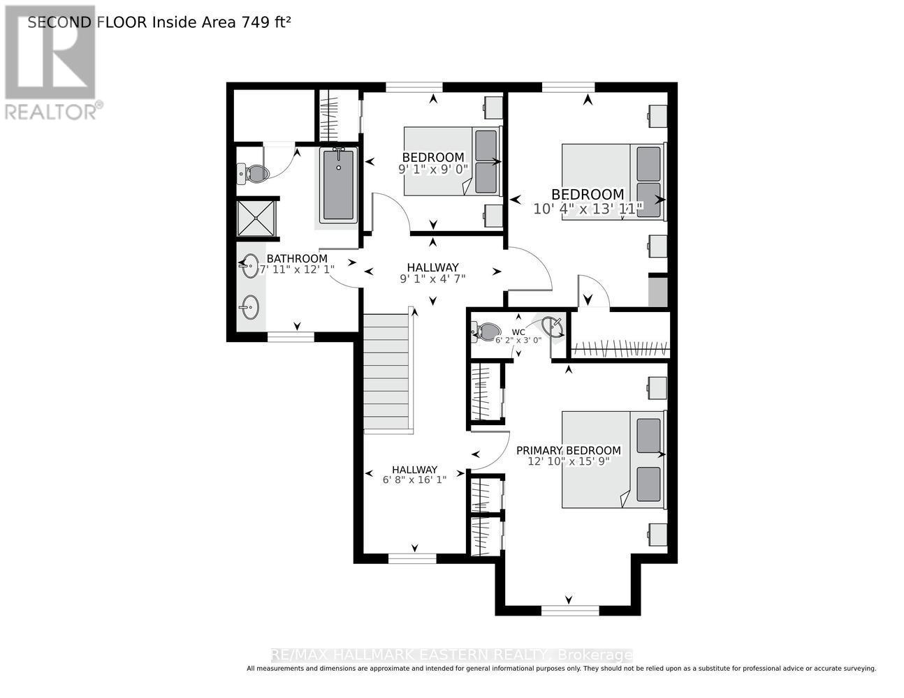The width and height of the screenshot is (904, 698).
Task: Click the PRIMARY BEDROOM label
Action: (568, 450)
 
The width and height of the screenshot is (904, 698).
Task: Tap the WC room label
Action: (518, 332)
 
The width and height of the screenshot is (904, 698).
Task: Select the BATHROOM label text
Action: (297, 258)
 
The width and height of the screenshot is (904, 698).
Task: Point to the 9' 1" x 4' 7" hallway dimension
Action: (432, 279)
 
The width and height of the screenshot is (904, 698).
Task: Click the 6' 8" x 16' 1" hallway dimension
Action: (414, 480)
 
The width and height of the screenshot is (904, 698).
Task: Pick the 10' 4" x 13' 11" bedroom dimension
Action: (588, 209)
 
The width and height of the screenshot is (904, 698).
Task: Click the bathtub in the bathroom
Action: (338, 185)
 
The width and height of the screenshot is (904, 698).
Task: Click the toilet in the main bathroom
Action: (251, 174)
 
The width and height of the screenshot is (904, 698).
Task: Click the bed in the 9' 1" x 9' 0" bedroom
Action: (452, 161)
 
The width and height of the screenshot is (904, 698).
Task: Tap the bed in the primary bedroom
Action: (613, 459)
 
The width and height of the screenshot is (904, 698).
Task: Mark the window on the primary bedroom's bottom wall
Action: (570, 610)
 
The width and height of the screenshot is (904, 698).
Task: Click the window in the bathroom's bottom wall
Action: (291, 336)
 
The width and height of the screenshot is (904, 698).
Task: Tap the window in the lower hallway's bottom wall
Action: (412, 558)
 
